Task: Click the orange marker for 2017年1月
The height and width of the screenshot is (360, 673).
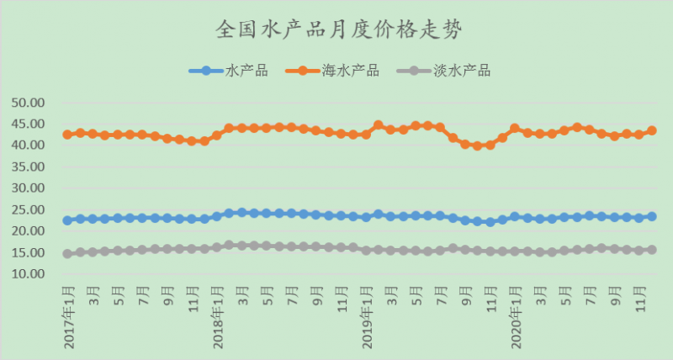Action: click(67, 135)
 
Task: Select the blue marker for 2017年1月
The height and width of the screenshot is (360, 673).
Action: click(67, 220)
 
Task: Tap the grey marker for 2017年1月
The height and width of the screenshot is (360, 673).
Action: click(67, 253)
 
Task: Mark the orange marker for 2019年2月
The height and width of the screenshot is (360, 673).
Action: click(378, 125)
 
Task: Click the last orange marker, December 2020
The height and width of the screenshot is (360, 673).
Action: click(651, 130)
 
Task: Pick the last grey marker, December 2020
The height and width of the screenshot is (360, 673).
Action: click(651, 250)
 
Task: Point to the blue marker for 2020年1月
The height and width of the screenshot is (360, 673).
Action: click(515, 216)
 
